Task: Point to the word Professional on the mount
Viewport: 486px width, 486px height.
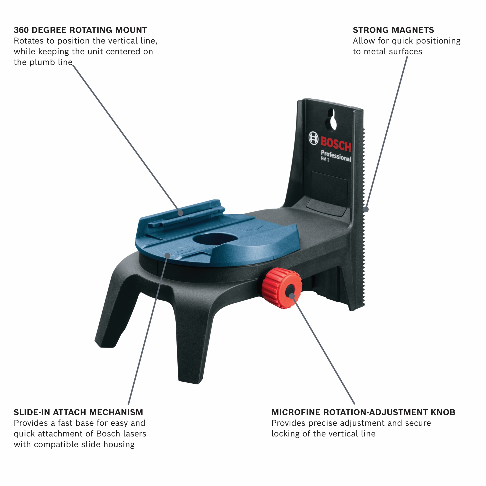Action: pyautogui.click(x=336, y=156)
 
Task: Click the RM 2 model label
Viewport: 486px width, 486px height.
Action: pyautogui.click(x=325, y=159)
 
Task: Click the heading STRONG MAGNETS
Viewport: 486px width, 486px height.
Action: pyautogui.click(x=393, y=30)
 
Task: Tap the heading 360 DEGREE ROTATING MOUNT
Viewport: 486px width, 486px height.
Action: pyautogui.click(x=80, y=30)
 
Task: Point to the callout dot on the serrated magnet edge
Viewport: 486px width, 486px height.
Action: pyautogui.click(x=366, y=209)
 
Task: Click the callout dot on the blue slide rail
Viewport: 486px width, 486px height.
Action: pyautogui.click(x=180, y=213)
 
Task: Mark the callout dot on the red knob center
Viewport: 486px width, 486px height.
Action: pyautogui.click(x=292, y=296)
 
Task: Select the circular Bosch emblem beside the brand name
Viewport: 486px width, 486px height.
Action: pyautogui.click(x=313, y=138)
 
